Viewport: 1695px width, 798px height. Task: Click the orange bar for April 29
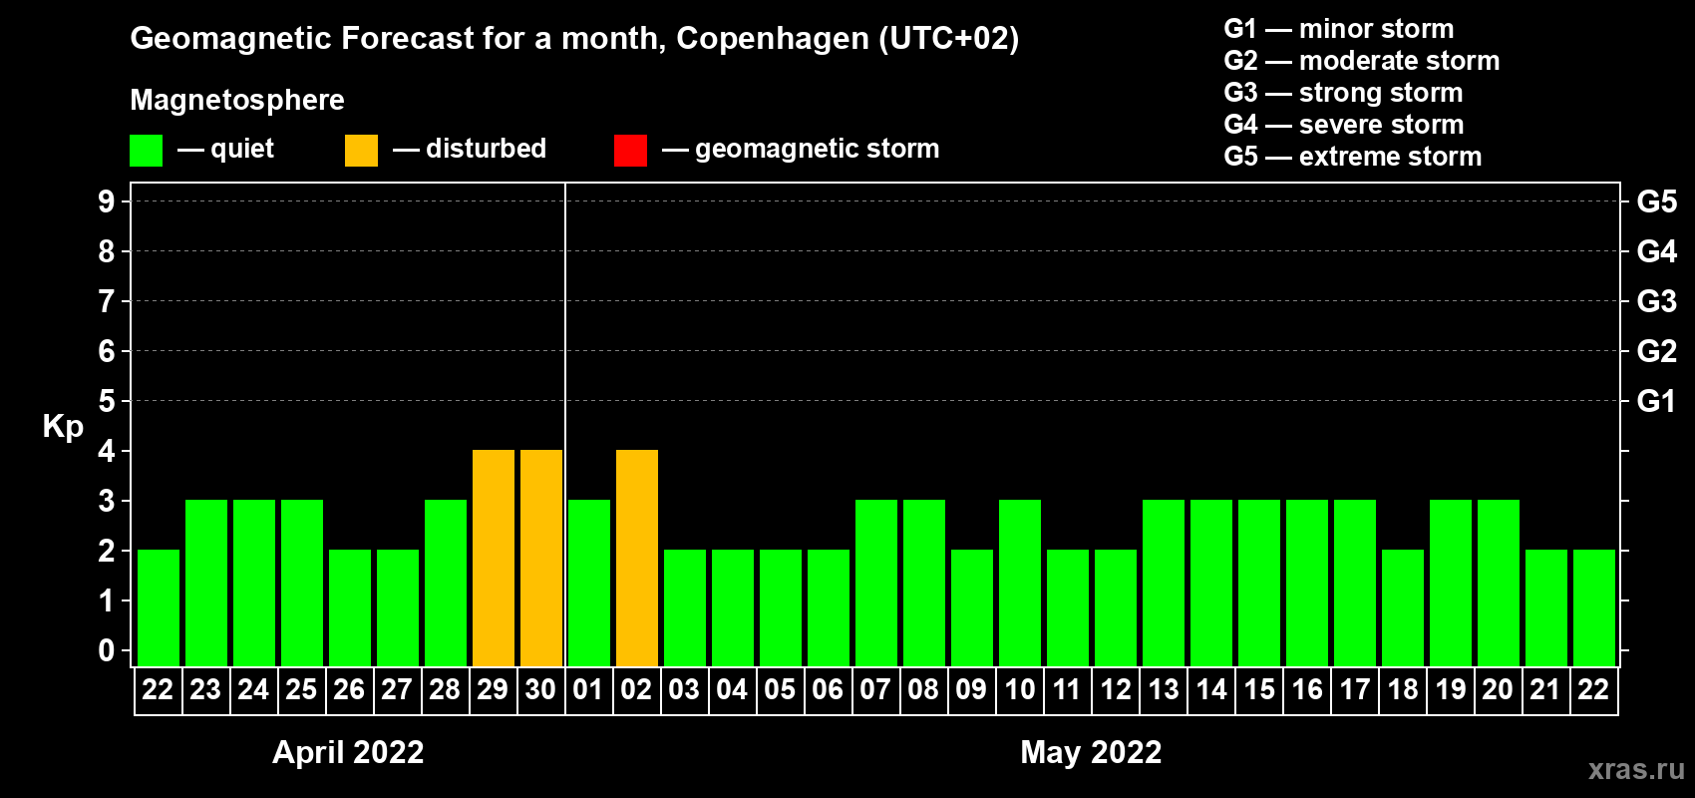494,558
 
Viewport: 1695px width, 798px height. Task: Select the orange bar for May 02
637,558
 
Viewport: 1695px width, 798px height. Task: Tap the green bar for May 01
589,583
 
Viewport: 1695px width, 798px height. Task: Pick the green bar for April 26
350,607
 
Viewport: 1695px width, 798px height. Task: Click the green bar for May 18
1403,607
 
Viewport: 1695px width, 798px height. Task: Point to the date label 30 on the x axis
540,689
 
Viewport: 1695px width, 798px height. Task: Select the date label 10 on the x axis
1019,689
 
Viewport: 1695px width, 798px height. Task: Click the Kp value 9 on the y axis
106,201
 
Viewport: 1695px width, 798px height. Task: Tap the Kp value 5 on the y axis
106,401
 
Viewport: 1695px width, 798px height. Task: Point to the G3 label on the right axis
1656,301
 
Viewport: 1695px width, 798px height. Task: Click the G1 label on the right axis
1656,401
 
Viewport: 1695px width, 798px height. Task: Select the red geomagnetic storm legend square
630,150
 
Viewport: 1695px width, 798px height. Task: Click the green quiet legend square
146,150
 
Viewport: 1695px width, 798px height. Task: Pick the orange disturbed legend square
361,150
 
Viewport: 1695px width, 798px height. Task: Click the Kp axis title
63,427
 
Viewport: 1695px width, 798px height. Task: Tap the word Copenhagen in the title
772,39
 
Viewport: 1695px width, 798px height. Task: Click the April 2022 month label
348,752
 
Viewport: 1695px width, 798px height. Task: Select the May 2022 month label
1091,752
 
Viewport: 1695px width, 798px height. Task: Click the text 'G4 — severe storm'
1344,124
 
